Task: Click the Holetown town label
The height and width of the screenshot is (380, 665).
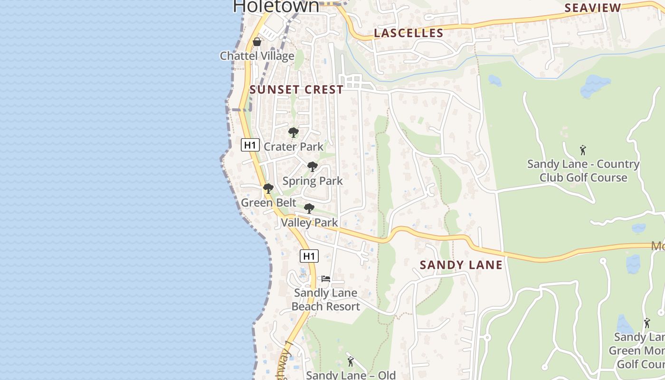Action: [276, 6]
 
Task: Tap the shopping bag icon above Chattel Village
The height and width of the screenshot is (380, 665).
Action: [257, 42]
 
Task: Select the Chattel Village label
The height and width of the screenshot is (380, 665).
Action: [257, 56]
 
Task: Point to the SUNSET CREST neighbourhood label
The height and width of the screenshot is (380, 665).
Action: [296, 90]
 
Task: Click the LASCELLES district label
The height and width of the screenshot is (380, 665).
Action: [408, 33]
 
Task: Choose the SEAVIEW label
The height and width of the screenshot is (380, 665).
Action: [592, 8]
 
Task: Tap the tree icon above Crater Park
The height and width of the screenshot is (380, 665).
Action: [294, 133]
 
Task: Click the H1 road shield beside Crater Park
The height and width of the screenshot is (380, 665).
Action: [250, 145]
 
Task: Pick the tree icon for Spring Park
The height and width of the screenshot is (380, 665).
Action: [312, 167]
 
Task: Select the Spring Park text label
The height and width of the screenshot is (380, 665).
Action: [313, 181]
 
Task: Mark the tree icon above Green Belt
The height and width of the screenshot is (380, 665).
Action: [268, 189]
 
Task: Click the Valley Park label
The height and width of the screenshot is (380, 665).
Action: [309, 222]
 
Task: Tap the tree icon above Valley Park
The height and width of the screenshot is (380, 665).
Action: [309, 208]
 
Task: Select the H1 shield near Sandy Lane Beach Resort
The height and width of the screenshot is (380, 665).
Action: [309, 256]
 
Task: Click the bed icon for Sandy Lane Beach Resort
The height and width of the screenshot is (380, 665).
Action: [325, 279]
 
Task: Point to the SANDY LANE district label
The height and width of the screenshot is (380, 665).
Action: [461, 265]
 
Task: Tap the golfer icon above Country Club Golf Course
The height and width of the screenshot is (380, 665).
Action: [583, 150]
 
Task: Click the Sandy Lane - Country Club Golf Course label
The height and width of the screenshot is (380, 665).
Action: [583, 171]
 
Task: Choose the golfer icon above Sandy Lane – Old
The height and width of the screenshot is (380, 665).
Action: [351, 361]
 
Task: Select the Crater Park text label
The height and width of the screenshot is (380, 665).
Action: [294, 147]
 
